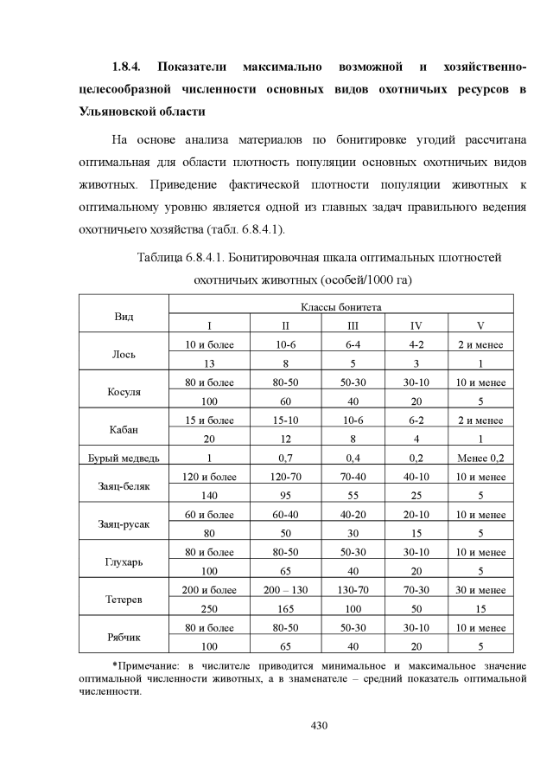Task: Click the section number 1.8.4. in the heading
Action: [130, 67]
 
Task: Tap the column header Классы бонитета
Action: [340, 308]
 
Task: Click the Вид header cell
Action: [124, 317]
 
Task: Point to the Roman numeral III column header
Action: [353, 325]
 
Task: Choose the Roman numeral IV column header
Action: [416, 325]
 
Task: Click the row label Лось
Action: [124, 354]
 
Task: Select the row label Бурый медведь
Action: [124, 458]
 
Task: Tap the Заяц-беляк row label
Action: [124, 486]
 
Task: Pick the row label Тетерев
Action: [124, 599]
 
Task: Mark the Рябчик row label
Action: [124, 637]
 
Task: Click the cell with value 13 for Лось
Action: [208, 363]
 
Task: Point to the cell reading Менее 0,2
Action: [480, 458]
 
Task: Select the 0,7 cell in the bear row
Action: [285, 458]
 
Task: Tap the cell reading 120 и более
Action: [208, 477]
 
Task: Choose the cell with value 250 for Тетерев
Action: [208, 608]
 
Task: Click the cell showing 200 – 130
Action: [285, 589]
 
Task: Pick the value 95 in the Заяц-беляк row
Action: [285, 496]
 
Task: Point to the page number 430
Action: [320, 725]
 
